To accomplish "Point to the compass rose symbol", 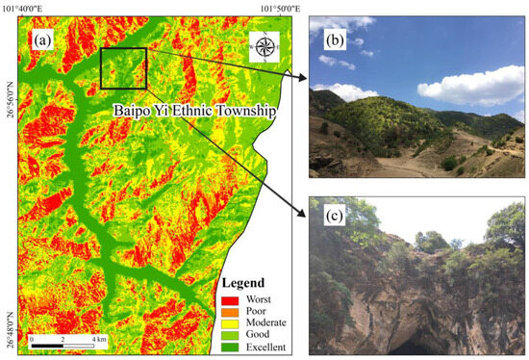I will tap(263, 46).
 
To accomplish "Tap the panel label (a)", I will tap(41, 42).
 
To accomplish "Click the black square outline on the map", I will tap(123, 68).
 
